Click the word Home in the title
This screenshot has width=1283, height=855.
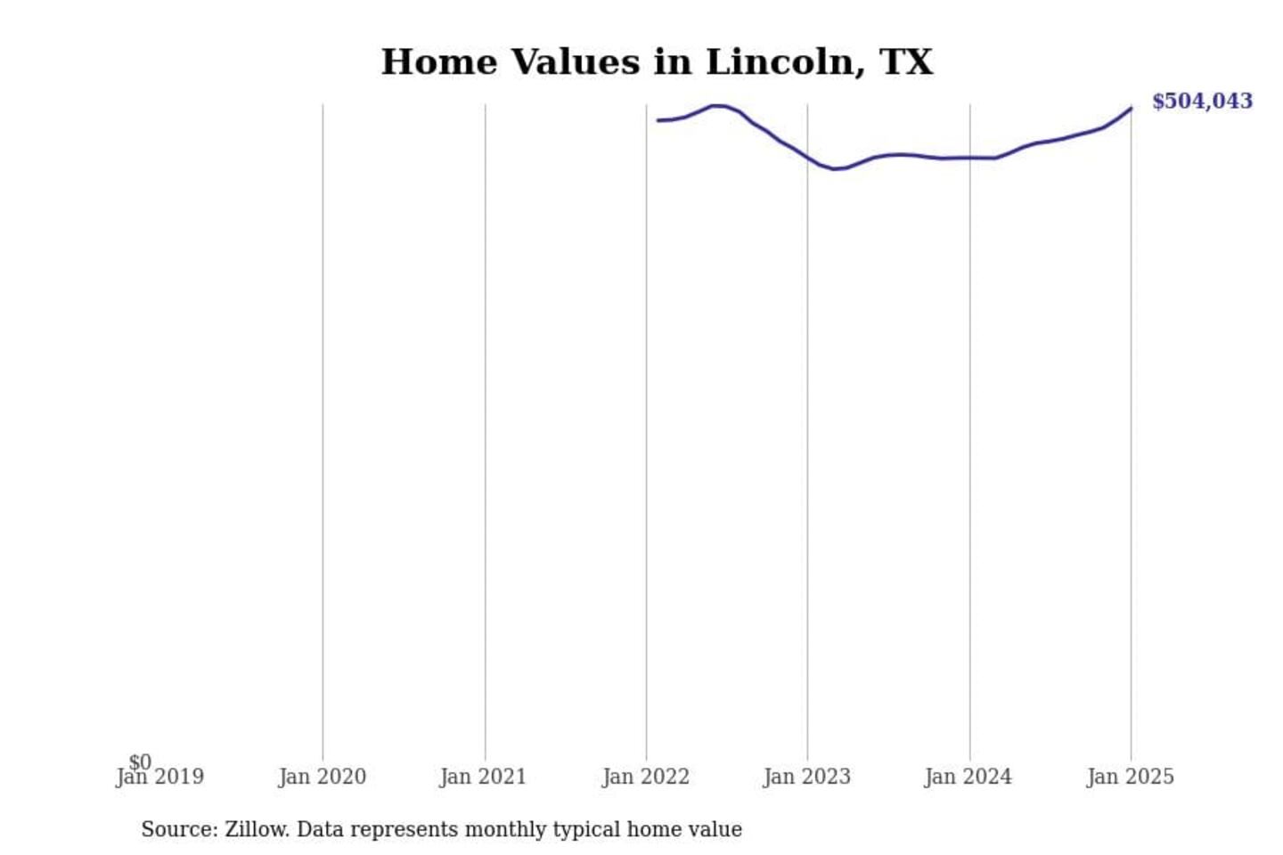click(439, 62)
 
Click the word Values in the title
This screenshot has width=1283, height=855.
click(575, 62)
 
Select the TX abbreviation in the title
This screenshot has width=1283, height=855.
click(906, 62)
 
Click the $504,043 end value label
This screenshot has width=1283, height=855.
click(1202, 102)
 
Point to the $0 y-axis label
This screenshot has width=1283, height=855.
click(140, 762)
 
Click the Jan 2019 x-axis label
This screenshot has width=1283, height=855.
click(160, 778)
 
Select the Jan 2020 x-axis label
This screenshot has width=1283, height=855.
click(323, 778)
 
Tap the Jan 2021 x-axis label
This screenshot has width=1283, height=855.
click(484, 778)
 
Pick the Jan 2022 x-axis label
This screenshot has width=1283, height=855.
click(646, 778)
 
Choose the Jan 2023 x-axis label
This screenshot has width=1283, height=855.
click(807, 778)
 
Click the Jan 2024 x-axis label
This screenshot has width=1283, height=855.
click(968, 778)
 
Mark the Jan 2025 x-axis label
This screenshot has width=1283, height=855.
click(1131, 778)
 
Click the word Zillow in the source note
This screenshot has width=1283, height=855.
click(257, 829)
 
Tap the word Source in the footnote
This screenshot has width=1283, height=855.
click(176, 829)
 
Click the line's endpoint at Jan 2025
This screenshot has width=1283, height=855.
click(1131, 109)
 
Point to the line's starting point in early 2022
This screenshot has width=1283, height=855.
click(658, 120)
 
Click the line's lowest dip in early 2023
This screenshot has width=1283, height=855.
click(835, 169)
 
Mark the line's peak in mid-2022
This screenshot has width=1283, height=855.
click(717, 105)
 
